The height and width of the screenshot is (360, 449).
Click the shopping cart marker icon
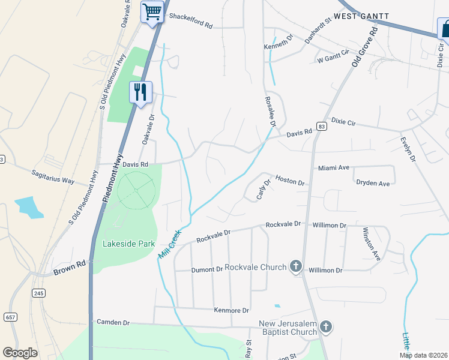(x=152, y=11)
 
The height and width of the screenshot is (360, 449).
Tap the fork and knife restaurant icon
(x=140, y=92)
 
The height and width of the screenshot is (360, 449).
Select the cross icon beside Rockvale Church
(x=295, y=266)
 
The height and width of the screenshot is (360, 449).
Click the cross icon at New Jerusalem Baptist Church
(x=325, y=327)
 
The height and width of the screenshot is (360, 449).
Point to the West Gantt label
(x=361, y=16)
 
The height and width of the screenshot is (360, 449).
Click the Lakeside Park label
(x=129, y=244)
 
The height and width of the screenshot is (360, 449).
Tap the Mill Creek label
(x=169, y=243)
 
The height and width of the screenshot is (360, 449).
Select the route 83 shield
(x=322, y=127)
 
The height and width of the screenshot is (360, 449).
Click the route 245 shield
(x=39, y=293)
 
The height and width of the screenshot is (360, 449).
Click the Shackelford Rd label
(x=191, y=26)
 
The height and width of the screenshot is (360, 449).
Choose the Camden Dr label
(x=113, y=322)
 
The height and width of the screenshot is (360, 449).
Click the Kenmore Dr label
(x=231, y=310)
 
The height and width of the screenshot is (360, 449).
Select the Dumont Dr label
(x=207, y=270)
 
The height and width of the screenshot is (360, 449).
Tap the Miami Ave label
(x=333, y=168)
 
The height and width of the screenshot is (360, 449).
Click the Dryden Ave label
(x=373, y=182)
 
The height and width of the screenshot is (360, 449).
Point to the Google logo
(x=20, y=353)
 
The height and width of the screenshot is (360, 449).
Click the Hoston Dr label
(x=290, y=181)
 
